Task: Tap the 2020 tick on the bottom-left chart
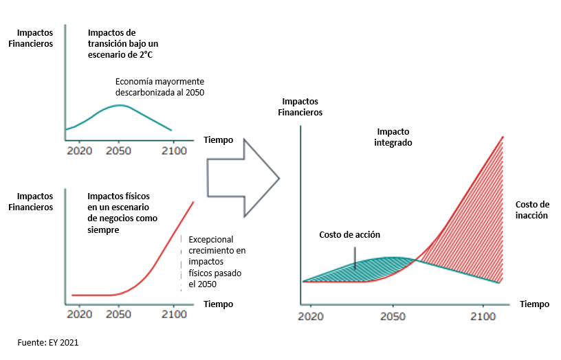click(x=80, y=314)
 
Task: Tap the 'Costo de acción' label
click(x=349, y=235)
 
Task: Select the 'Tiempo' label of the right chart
click(x=535, y=304)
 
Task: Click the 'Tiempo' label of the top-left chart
click(x=218, y=140)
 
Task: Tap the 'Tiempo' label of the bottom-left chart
click(x=218, y=304)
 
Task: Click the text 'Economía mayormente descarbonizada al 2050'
click(x=159, y=87)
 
